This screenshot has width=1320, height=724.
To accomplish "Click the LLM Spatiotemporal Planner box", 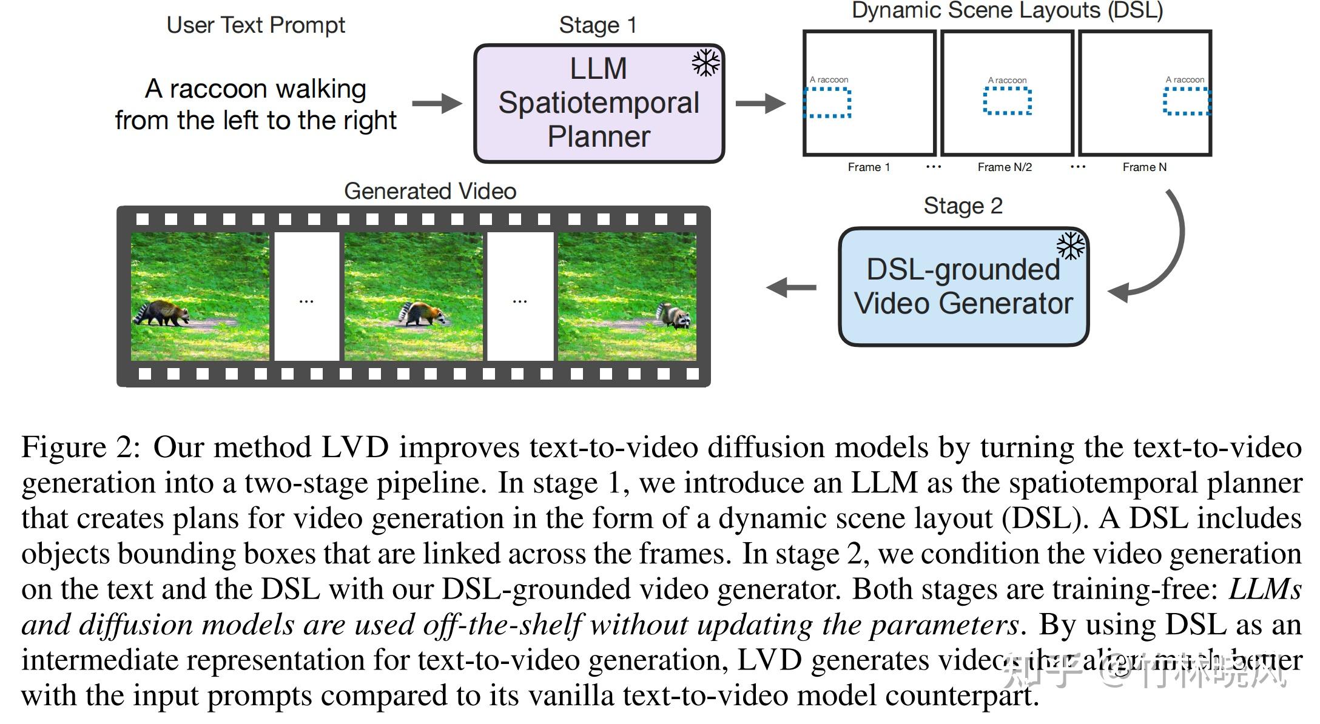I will click(598, 103).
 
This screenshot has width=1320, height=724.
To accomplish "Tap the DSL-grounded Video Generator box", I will click(963, 287).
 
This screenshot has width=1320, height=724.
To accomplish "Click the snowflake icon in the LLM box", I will click(705, 63).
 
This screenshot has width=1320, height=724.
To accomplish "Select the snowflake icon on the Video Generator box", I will click(1070, 246).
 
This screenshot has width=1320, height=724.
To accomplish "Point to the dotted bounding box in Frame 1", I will click(828, 102).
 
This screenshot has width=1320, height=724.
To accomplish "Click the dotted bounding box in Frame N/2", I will click(1007, 101).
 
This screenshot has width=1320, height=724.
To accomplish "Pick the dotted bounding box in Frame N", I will click(1186, 101).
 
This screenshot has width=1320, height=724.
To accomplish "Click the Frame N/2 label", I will click(1004, 167).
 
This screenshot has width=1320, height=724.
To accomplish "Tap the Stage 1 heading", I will click(598, 25).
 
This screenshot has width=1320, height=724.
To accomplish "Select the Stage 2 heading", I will click(963, 206).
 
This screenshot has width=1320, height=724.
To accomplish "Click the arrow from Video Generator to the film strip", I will click(791, 287).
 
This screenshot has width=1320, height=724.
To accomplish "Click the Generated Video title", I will click(429, 192).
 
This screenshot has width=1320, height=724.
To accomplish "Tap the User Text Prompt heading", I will click(255, 25).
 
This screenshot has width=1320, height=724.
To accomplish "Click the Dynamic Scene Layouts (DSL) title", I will click(1006, 11).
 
